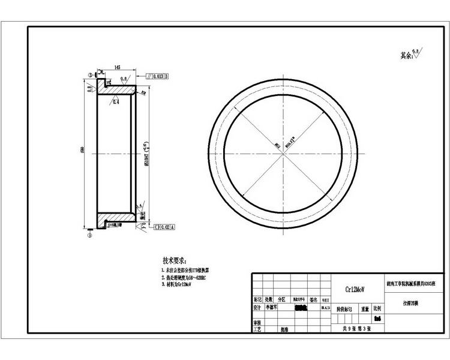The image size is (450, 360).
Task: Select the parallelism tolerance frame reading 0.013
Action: click(x=157, y=77)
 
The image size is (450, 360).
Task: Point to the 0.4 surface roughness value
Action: click(x=115, y=103)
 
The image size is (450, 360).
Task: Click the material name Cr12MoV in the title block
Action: click(x=353, y=289)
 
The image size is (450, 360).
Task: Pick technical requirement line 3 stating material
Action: click(x=180, y=286)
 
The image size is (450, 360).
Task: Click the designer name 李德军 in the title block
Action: click(x=274, y=307)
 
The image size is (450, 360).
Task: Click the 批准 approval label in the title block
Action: click(x=284, y=329)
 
